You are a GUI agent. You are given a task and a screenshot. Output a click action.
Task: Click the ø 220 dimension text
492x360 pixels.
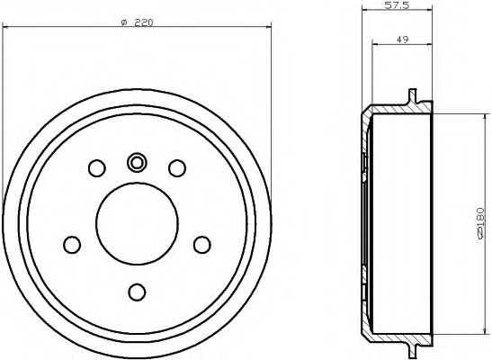(138, 22)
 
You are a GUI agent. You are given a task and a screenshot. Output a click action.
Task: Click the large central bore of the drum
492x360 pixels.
(137, 226)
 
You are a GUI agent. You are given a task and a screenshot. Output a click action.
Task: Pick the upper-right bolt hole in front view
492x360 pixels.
(177, 167)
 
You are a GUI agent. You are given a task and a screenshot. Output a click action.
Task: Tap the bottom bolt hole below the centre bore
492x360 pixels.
(137, 291)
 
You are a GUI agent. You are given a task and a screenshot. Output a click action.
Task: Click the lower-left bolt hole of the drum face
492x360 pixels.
(72, 244)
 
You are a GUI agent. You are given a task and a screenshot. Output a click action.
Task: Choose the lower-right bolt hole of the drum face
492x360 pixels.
(201, 244)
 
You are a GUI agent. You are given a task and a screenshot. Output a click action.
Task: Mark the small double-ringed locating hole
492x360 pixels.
(137, 163)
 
